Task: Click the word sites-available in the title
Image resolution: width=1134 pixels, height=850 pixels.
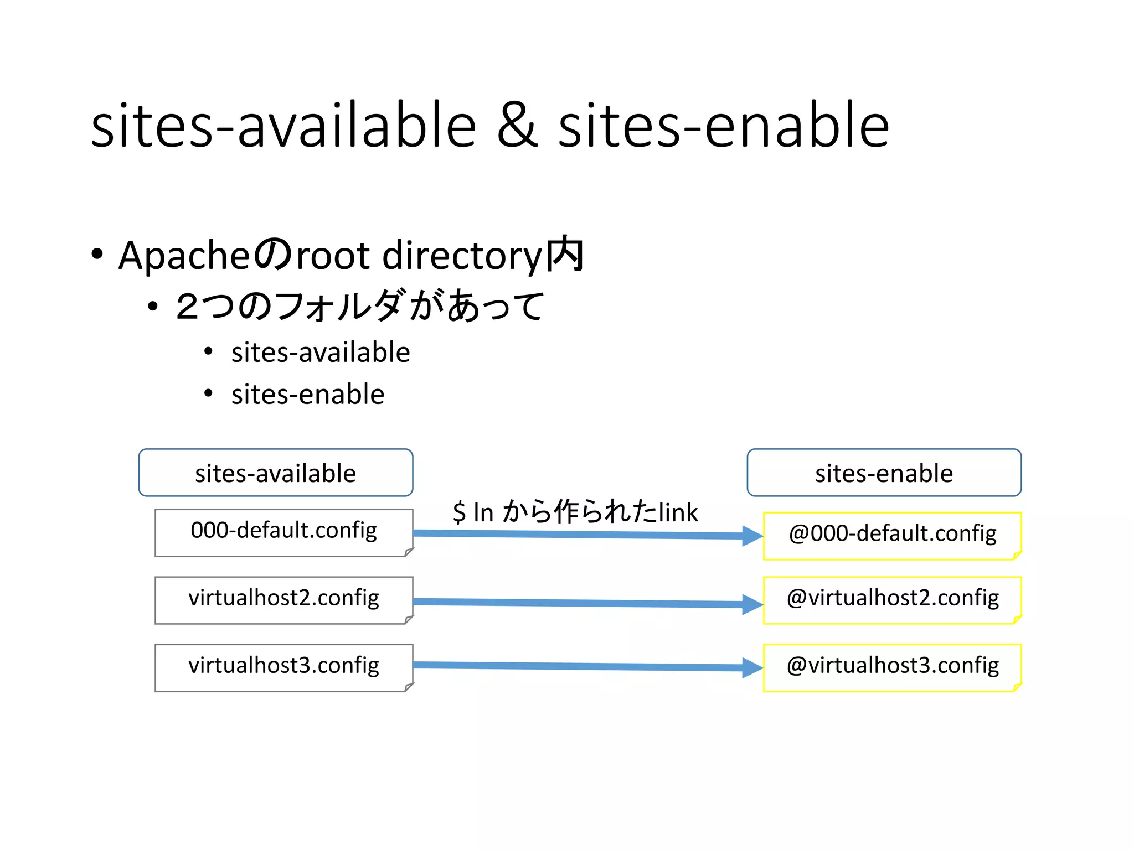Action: pos(283,126)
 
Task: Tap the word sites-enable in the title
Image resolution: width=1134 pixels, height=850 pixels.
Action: pos(723,126)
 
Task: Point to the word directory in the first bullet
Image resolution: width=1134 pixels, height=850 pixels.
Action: pos(462,256)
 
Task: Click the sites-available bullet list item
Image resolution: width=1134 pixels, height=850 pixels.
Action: pos(321,353)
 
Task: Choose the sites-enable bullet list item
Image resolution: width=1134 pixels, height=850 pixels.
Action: pos(308,395)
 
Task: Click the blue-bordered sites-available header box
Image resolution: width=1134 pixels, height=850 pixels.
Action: pos(275,473)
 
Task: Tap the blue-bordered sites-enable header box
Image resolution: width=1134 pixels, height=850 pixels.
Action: pos(884,473)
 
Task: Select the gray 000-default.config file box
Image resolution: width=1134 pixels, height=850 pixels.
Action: pos(283,532)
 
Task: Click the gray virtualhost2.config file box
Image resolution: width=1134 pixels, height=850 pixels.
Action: pos(283,600)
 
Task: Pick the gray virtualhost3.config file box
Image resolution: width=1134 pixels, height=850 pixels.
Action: pos(283,667)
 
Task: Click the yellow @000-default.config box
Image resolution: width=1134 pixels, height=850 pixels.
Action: pos(892,536)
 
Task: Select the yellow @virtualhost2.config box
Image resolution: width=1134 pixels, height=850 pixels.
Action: pos(892,600)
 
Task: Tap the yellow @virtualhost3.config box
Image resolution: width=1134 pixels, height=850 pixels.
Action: pos(892,667)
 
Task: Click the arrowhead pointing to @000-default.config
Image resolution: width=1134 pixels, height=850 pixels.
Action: pos(752,536)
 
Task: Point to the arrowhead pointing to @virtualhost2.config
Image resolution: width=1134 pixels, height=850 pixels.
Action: pos(752,604)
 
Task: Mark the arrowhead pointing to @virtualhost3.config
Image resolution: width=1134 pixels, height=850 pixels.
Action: pos(752,667)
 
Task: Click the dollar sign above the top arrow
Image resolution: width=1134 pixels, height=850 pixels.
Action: pos(459,512)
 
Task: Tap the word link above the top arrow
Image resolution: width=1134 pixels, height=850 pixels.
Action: pos(678,512)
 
